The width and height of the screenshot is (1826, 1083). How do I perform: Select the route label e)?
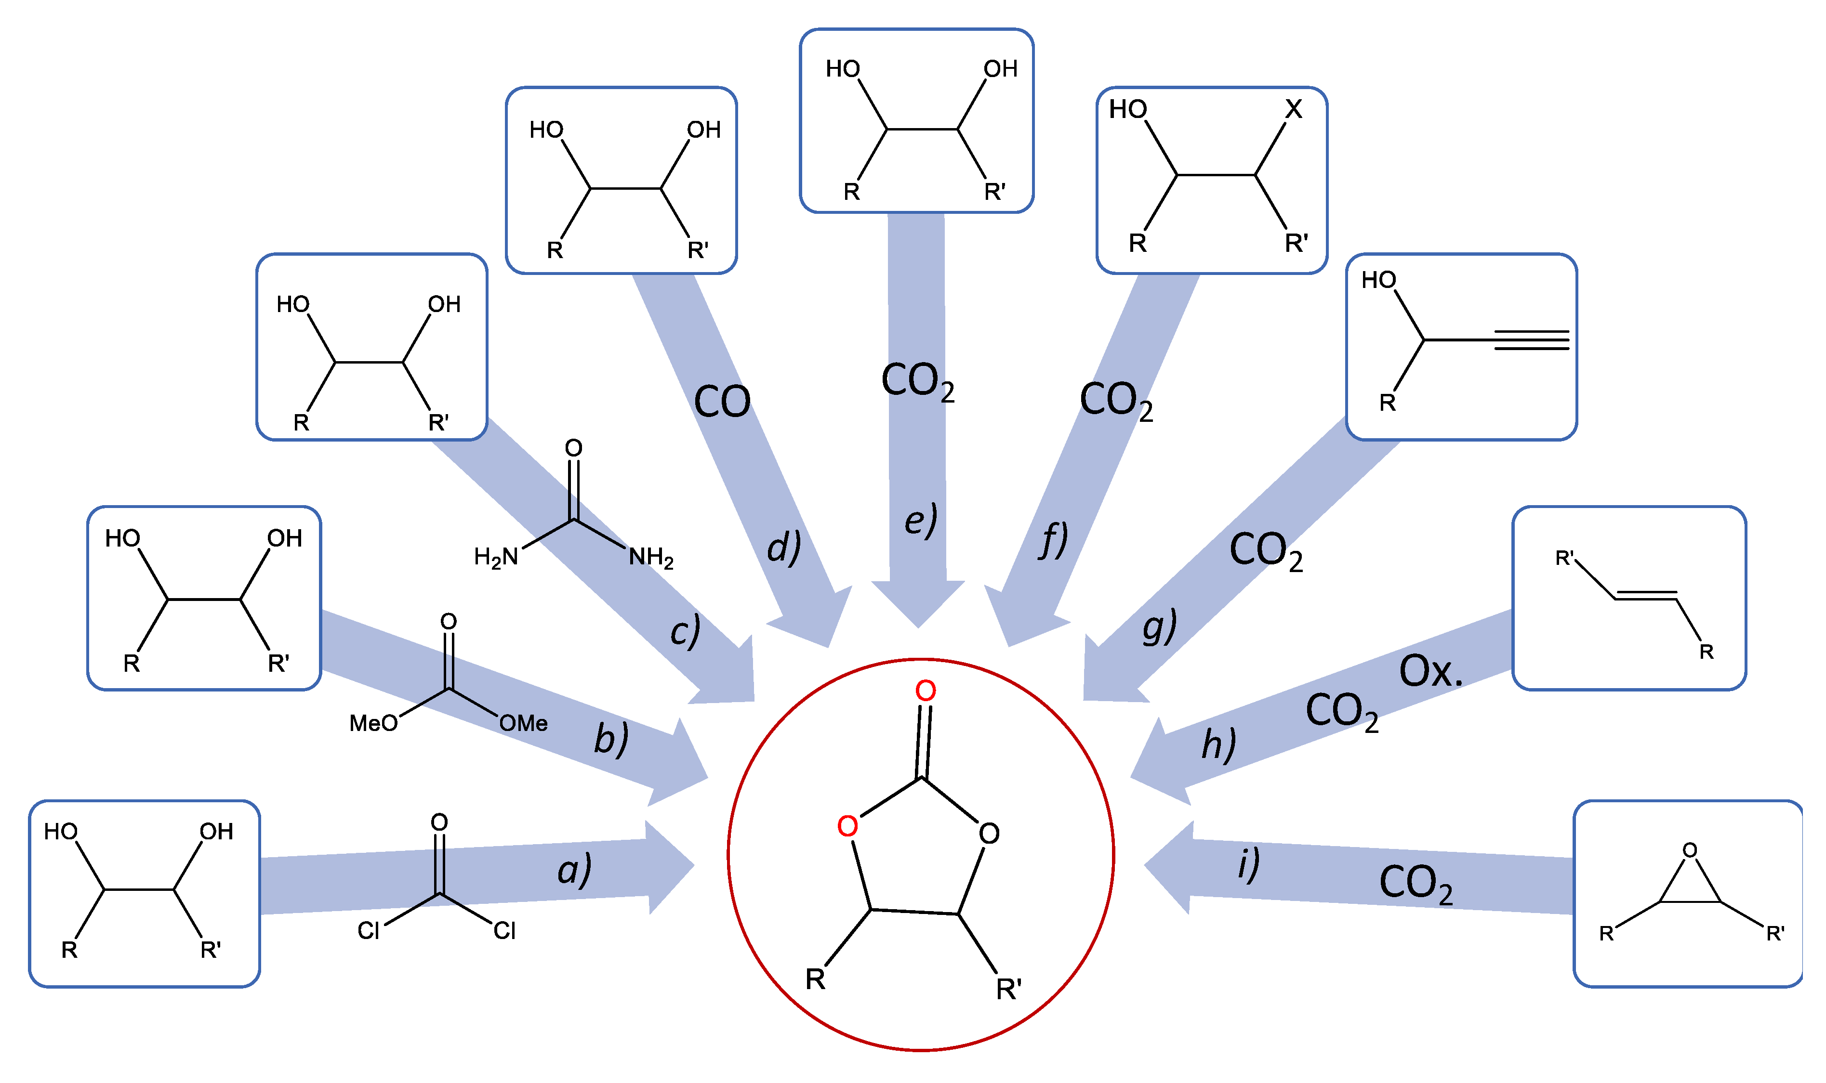(920, 521)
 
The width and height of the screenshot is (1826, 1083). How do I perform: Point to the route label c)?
(685, 630)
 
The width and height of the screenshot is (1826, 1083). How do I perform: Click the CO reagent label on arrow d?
(721, 402)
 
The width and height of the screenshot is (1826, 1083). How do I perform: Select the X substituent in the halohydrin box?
(1293, 109)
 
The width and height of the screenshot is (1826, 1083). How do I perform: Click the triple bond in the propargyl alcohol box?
(1531, 340)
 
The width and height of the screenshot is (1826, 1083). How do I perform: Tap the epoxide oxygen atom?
(1690, 851)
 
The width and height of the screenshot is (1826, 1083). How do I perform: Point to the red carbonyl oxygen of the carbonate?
(925, 691)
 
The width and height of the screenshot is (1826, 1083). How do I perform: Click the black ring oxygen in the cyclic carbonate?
(989, 834)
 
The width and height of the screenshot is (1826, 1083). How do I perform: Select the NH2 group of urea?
(650, 558)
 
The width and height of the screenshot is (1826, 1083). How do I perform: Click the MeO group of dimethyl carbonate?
(373, 723)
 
